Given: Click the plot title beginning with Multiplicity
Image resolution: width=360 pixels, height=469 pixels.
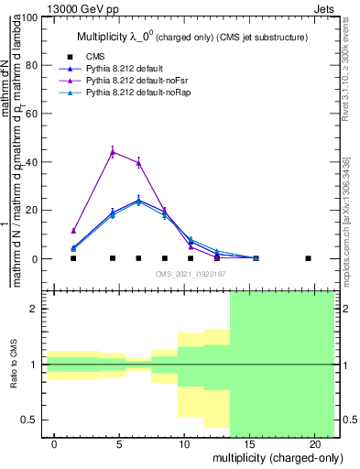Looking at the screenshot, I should [x=190, y=37].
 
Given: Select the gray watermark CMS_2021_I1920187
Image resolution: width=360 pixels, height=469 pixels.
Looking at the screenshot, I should [x=190, y=273].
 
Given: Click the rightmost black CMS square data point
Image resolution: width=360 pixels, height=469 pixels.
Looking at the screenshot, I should [x=308, y=258].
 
